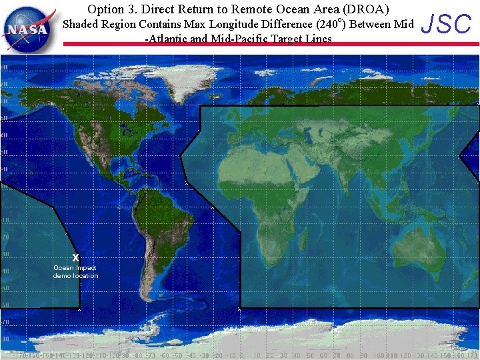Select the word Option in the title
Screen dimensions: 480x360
click(x=106, y=9)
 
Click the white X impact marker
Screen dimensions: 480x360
click(x=75, y=257)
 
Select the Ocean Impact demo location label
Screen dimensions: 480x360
click(x=75, y=271)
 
